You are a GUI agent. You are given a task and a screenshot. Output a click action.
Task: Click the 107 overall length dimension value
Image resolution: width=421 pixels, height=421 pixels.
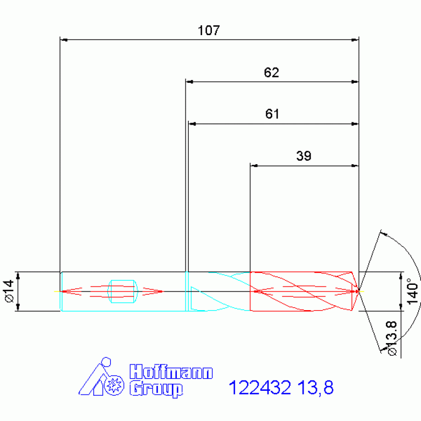click(x=209, y=30)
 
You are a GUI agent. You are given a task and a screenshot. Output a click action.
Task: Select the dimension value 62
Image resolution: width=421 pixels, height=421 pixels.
click(x=272, y=72)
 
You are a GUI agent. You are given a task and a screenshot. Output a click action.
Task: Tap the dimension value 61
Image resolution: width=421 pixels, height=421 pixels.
click(x=272, y=114)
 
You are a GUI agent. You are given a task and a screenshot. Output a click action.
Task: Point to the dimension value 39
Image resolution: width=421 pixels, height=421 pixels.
click(x=304, y=156)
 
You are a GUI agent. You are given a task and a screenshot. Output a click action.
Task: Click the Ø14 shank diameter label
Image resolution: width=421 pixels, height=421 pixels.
click(x=8, y=291)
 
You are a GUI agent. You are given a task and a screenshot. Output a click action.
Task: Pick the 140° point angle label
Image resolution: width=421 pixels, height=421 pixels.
click(x=412, y=291)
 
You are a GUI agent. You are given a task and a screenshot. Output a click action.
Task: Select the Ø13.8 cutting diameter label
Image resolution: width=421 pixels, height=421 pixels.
click(x=391, y=338)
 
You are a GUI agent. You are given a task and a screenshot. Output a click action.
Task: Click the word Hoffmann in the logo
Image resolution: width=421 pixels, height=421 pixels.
click(x=171, y=372)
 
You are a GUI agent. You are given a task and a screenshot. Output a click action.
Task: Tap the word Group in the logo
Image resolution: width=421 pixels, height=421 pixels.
click(x=156, y=389)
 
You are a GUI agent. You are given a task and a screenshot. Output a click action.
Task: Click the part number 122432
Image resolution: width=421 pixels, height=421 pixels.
click(x=260, y=388)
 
